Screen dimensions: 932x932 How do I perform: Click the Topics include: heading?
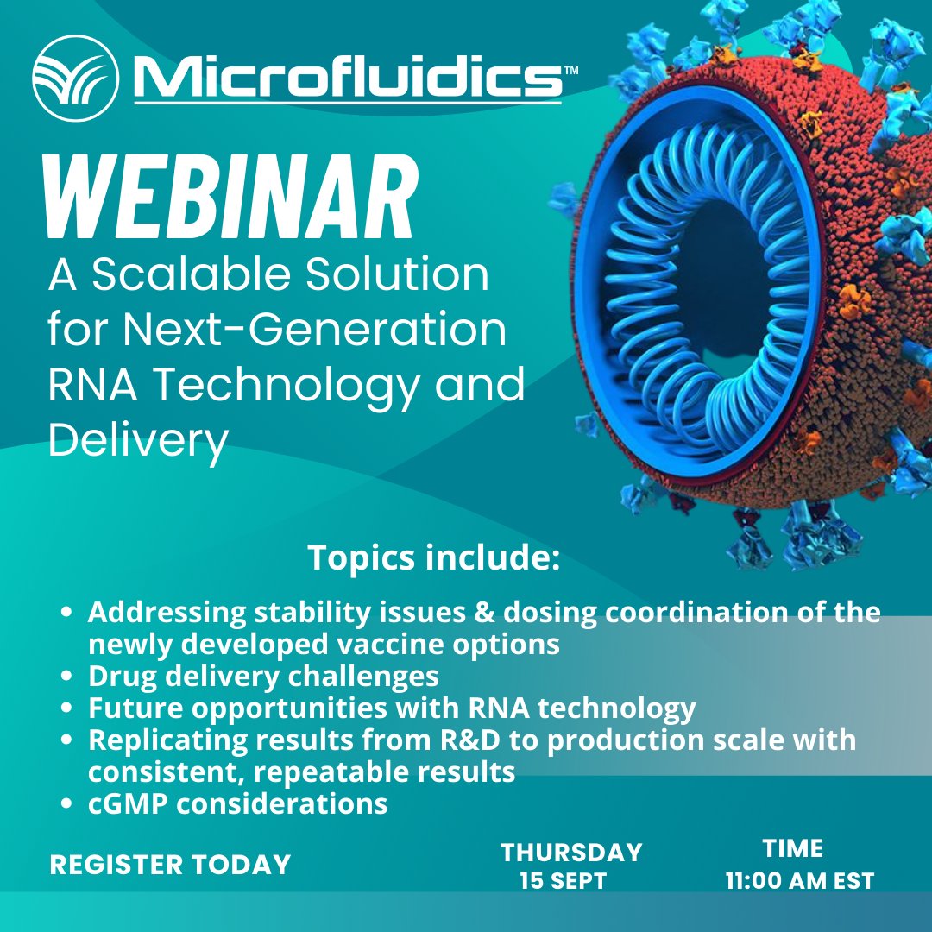point(434,558)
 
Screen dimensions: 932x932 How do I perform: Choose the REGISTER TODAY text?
point(170,865)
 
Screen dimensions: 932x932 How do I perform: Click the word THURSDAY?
point(571,853)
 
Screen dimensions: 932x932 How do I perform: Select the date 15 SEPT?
point(563,882)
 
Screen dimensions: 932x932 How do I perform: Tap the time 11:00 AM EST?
point(800,881)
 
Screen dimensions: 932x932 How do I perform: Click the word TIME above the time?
point(793,848)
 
